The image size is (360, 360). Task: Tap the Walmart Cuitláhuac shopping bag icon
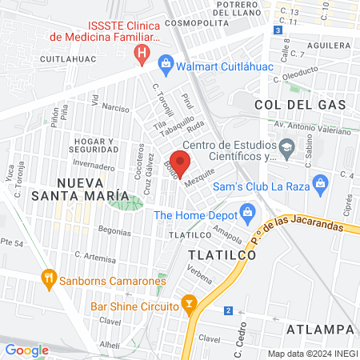click(166, 62)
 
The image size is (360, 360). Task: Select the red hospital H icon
click(142, 54)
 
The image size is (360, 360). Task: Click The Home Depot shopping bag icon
click(246, 214)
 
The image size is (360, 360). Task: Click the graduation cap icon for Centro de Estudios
click(286, 147)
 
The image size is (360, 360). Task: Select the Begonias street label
click(112, 232)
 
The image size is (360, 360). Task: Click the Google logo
click(26, 350)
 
